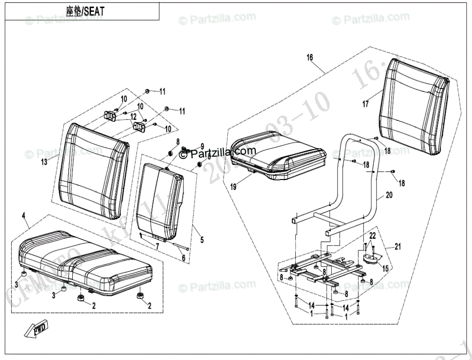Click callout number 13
[44, 162]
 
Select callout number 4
[24, 216]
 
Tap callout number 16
[310, 58]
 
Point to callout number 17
[366, 103]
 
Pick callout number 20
[389, 196]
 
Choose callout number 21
[397, 247]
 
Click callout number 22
[372, 235]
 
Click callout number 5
[202, 239]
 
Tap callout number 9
[202, 146]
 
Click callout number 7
[157, 246]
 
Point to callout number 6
[183, 258]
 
